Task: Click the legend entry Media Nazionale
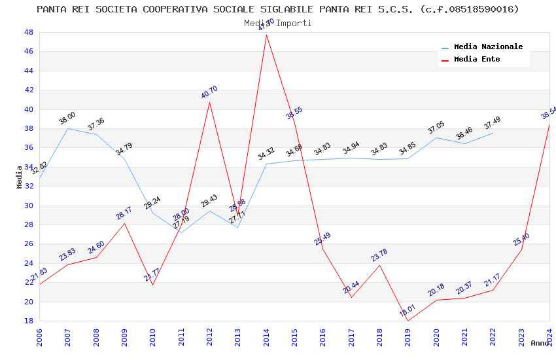(488, 47)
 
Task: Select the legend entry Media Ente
(477, 60)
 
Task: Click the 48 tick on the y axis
(28, 32)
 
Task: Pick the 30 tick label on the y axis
(28, 206)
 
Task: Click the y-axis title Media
(19, 177)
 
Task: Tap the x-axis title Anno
(540, 343)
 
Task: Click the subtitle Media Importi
(278, 23)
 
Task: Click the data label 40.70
(209, 92)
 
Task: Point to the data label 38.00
(67, 118)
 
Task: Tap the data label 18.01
(408, 311)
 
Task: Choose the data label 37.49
(492, 123)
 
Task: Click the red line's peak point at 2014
(266, 35)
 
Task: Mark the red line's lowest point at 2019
(408, 321)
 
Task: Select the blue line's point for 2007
(68, 128)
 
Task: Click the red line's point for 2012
(209, 102)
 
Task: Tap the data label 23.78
(379, 255)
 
